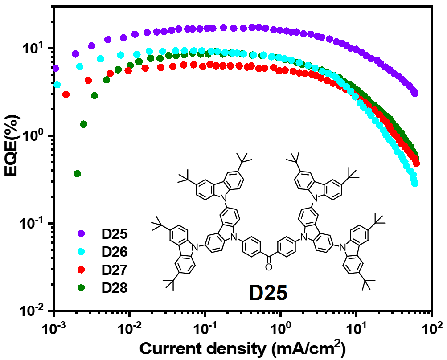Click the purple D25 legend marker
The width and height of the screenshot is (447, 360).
[81, 233]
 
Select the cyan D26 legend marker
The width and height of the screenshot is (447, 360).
[81, 252]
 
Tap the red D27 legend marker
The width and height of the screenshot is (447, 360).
[81, 270]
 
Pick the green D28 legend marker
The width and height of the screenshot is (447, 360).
[81, 288]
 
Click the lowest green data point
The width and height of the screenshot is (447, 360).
[78, 173]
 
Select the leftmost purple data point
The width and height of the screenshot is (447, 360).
[55, 68]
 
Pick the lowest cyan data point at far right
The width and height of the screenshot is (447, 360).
[415, 183]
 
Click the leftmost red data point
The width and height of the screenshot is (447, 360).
[66, 94]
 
